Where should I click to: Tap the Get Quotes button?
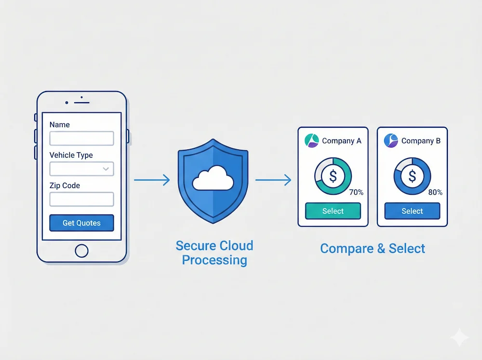(x=81, y=223)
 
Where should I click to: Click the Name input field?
(x=81, y=139)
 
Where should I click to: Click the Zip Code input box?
(x=81, y=199)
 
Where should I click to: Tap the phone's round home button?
(x=81, y=251)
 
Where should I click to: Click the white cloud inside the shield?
(x=213, y=180)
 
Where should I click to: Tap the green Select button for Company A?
(x=333, y=211)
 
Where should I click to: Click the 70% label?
(x=356, y=192)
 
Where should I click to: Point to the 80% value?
(x=435, y=192)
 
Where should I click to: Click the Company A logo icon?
(x=312, y=141)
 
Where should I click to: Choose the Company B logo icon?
(x=391, y=141)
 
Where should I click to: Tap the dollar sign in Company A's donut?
(x=333, y=176)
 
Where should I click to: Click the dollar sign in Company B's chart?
(x=412, y=176)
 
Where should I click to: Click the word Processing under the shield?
(x=214, y=261)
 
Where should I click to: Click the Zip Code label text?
(x=65, y=186)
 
